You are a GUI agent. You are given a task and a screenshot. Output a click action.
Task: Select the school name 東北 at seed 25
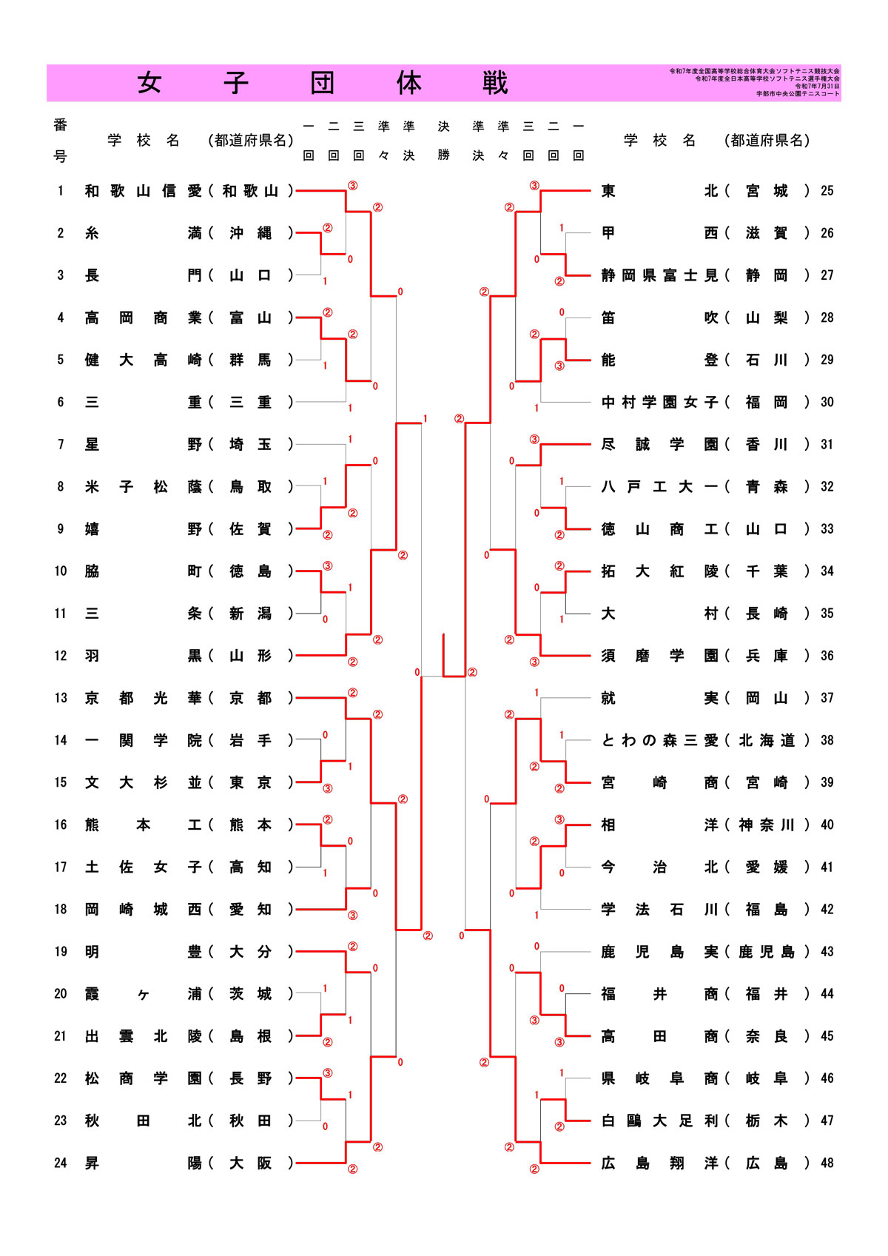659,191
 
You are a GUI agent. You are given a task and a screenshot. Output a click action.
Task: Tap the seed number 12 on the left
61,656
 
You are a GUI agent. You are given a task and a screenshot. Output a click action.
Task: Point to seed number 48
827,1163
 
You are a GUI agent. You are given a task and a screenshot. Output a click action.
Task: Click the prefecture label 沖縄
250,233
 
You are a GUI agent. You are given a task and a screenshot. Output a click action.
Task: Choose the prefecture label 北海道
767,740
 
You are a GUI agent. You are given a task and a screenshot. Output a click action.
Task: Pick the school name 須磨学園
659,656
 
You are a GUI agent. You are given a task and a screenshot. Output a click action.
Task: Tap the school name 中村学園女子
659,402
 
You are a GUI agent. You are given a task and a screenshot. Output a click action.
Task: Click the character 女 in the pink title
149,83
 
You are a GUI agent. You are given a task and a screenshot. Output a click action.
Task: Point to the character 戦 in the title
495,83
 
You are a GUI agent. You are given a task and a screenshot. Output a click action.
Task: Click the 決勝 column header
443,141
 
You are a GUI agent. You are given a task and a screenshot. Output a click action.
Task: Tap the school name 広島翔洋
659,1163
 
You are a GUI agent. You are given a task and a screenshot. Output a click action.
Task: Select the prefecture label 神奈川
767,825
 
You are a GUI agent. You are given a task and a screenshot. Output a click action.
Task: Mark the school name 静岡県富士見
659,275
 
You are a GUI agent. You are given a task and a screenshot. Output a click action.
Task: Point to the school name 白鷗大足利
659,1121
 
